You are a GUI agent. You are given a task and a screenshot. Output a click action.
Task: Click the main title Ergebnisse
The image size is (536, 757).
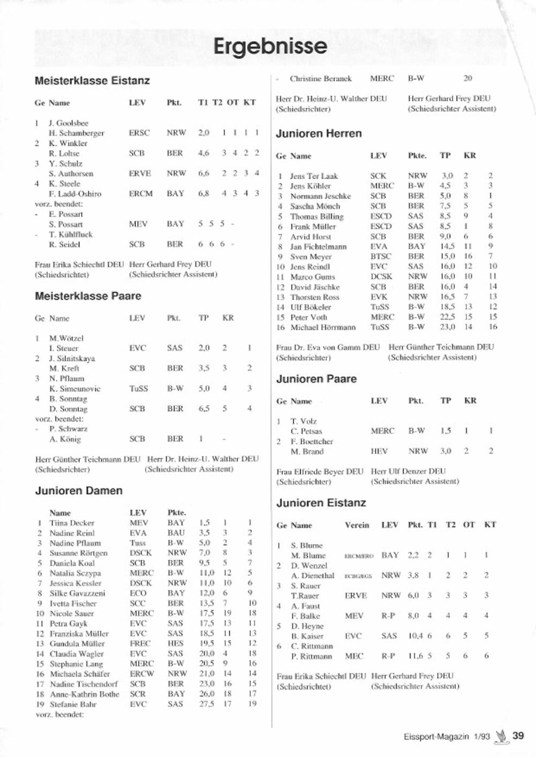tap(270, 47)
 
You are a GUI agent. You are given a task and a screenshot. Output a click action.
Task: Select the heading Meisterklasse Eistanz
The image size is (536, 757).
tap(92, 81)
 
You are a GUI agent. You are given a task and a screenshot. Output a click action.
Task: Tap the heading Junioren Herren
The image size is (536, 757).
tap(319, 133)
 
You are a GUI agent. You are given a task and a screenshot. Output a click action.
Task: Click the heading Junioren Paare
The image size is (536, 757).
tap(316, 379)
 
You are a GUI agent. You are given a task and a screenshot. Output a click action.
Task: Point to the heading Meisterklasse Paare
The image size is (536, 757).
tap(88, 296)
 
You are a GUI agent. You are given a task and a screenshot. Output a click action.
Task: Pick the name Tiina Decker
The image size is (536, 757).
tap(72, 523)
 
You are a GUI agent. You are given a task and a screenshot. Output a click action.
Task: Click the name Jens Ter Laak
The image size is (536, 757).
tap(314, 176)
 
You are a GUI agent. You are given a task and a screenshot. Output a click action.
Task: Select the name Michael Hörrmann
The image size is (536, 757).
tap(323, 327)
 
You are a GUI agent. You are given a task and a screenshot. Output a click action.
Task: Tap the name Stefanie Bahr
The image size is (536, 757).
tap(73, 704)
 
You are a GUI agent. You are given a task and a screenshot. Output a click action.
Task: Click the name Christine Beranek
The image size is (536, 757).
tap(321, 79)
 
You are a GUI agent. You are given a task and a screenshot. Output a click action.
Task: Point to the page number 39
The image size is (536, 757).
tap(518, 736)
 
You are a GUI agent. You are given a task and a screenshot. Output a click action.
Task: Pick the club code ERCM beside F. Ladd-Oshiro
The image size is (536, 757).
tap(140, 194)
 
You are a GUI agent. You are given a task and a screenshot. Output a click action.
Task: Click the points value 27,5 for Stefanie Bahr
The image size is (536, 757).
tap(207, 704)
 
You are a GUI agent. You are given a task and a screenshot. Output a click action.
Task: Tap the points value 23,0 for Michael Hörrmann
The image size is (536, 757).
tap(448, 327)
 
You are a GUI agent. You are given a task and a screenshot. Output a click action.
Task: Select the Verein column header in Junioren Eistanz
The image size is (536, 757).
tap(357, 525)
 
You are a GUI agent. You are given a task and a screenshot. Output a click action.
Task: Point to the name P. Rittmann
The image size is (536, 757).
tap(311, 656)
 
